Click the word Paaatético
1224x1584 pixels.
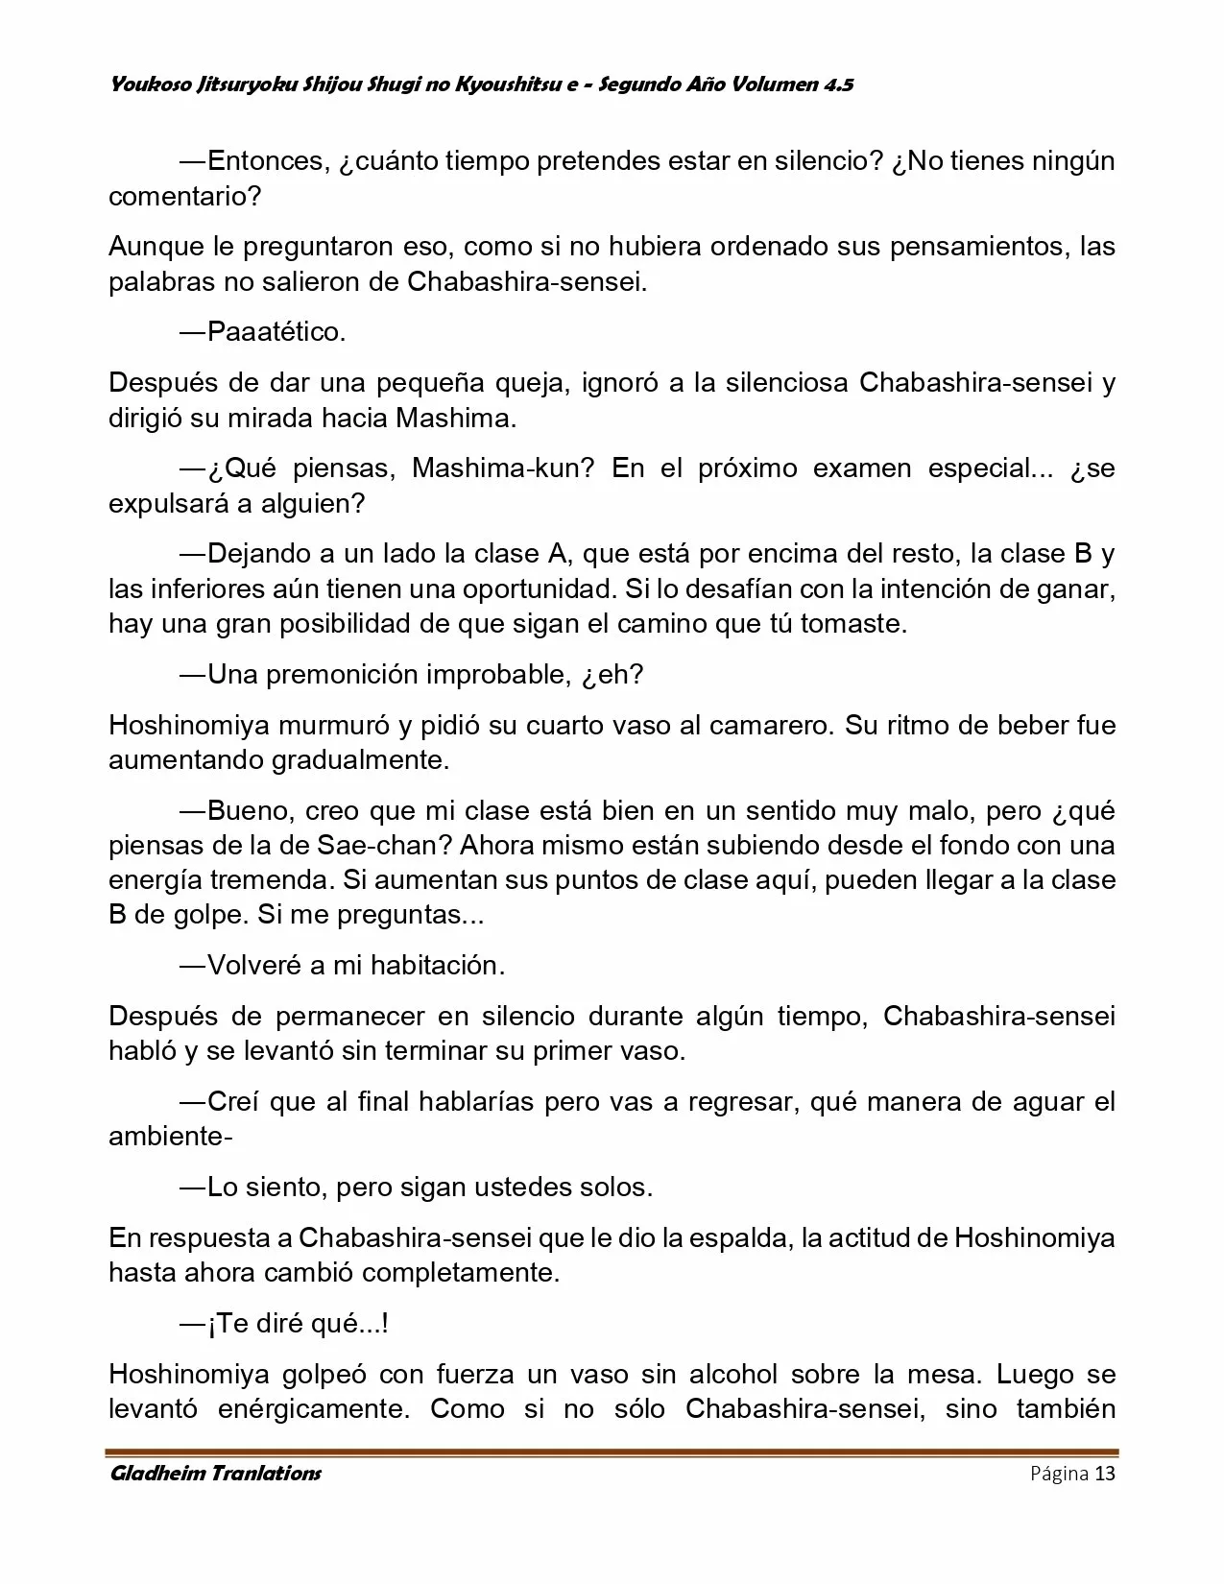[x=276, y=332]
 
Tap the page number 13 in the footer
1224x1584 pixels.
[x=1105, y=1474]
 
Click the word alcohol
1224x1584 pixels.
[x=736, y=1374]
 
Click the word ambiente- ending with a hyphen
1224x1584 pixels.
[x=171, y=1137]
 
